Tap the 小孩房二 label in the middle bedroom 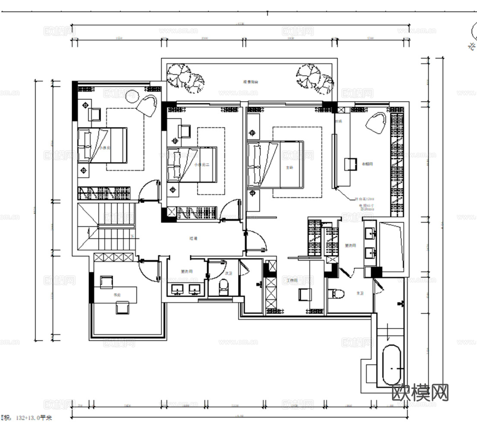[x=201, y=165]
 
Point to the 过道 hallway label [x=193, y=238]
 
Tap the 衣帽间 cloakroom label [x=367, y=164]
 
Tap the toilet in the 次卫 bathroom [x=223, y=286]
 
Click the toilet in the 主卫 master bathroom [x=337, y=294]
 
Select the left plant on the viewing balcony [x=185, y=77]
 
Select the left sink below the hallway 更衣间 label [x=177, y=289]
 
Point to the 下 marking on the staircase [x=132, y=236]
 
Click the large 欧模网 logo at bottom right [x=420, y=393]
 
